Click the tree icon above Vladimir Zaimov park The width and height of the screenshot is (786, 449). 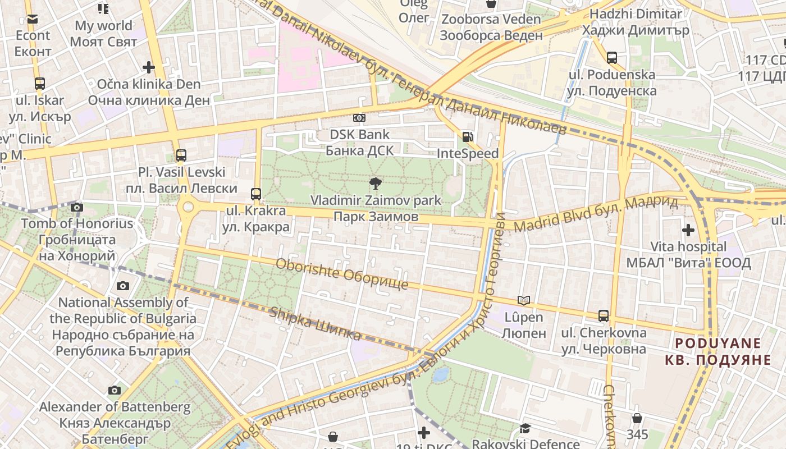375,183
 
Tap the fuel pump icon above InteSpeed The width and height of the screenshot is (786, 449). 467,136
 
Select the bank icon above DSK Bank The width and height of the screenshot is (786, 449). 359,118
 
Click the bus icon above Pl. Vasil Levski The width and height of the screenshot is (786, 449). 181,155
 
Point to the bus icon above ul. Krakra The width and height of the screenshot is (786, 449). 256,194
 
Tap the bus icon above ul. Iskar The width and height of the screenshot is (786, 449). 39,84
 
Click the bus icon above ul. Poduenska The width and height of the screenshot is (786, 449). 612,57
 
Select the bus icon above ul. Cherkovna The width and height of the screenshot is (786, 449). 604,315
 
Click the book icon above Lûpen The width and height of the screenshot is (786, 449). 523,301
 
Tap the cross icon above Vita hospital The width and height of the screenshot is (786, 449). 688,230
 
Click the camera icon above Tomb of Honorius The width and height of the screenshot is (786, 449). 77,207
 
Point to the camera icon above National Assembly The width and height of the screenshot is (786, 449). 123,286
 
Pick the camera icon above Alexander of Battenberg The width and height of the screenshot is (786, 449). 115,390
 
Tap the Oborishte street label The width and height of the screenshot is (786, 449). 342,274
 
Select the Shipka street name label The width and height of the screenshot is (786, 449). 315,324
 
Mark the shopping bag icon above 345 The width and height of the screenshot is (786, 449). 637,418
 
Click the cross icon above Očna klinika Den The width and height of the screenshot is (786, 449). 149,68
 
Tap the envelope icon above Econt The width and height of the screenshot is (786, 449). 32,19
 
